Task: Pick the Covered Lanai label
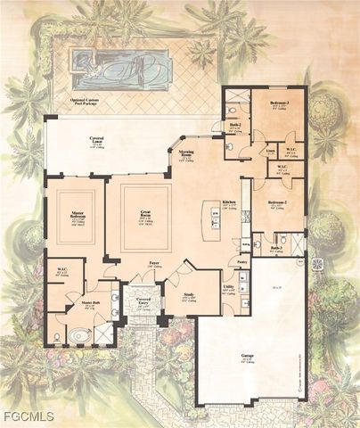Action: (x=97, y=142)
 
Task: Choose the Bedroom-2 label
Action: (x=277, y=203)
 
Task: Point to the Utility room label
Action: (x=229, y=287)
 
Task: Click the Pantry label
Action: (x=241, y=262)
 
